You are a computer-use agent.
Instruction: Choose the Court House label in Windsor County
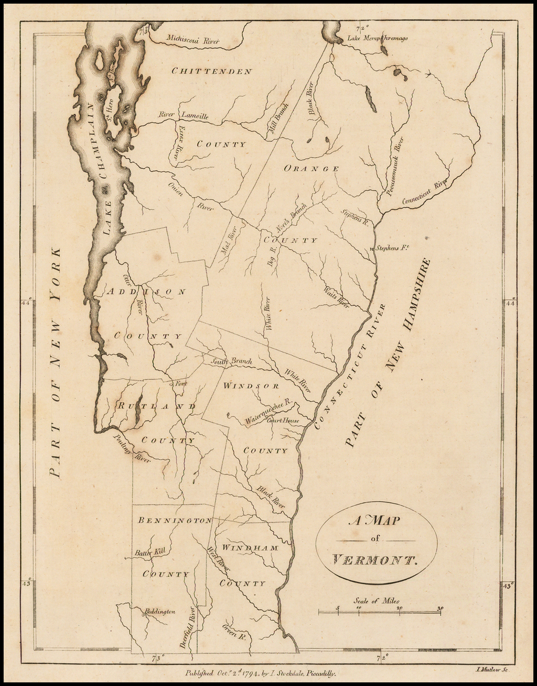283,420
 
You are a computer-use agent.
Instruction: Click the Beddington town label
160,611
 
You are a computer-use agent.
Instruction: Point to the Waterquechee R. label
268,412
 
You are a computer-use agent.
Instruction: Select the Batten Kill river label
150,551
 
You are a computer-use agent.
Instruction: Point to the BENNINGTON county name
175,521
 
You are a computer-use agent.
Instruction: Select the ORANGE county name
311,169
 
